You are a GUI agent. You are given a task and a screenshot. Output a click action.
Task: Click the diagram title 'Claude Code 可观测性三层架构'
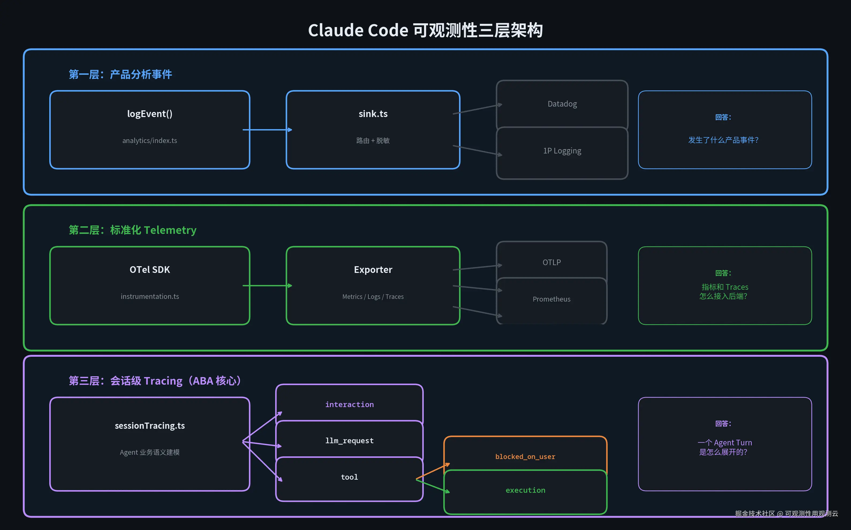point(425,30)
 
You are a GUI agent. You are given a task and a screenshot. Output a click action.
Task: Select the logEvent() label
point(150,114)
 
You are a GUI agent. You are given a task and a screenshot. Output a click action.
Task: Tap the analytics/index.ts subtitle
point(150,141)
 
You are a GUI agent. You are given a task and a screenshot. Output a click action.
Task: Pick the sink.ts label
point(373,114)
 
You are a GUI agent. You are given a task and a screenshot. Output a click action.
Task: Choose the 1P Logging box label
point(562,151)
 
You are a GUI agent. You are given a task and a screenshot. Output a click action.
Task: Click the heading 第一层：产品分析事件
point(120,74)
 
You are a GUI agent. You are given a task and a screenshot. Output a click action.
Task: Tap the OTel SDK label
point(150,270)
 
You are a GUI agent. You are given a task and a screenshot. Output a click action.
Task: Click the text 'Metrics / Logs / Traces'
point(373,296)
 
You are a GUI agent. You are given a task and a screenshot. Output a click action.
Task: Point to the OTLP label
point(551,262)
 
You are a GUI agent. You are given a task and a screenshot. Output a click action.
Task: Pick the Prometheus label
point(551,299)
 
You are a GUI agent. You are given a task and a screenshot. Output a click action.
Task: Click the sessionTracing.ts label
point(150,426)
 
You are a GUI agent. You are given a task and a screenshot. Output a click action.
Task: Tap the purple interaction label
point(349,404)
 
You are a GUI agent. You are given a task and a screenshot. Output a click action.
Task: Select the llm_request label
point(349,441)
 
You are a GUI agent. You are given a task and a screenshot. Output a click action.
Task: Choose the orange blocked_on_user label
point(525,456)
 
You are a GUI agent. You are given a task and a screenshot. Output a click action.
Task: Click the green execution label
point(525,490)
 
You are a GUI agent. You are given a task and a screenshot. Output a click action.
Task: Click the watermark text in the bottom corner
point(786,513)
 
